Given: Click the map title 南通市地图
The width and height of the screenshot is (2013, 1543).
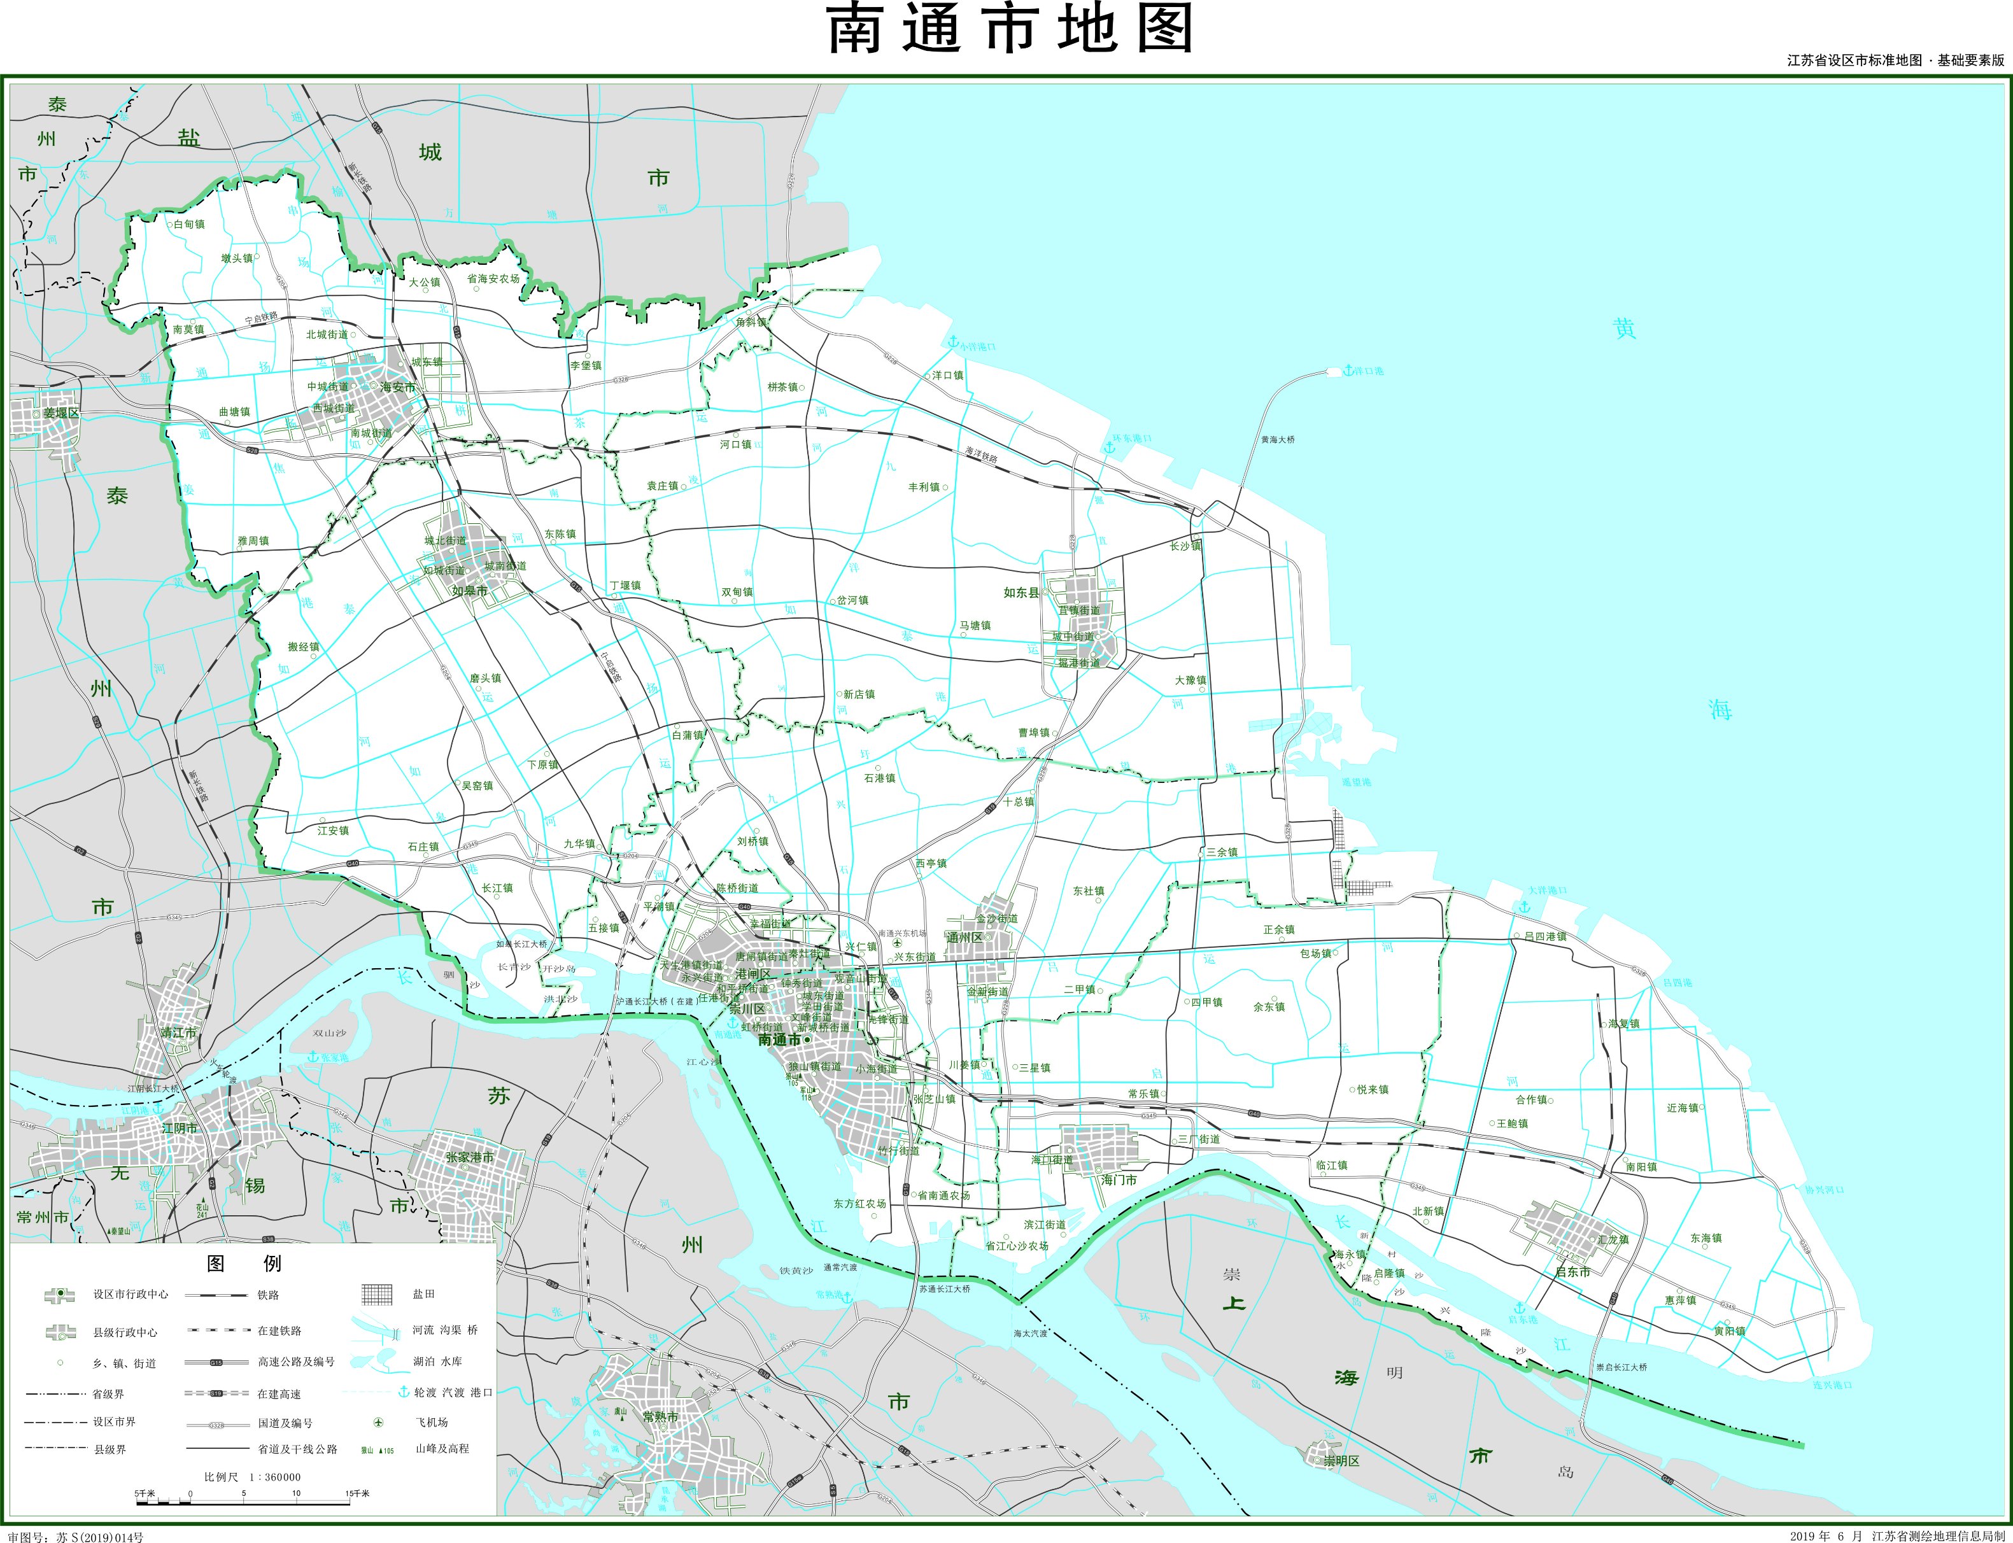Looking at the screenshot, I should (x=1010, y=29).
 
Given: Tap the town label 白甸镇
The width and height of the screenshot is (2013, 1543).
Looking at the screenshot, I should (x=189, y=224).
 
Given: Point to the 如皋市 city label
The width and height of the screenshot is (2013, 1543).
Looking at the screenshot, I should (x=469, y=591).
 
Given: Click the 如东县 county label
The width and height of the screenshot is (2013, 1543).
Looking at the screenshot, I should (x=1021, y=593).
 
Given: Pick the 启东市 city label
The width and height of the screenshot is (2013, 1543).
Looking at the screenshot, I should (x=1572, y=1272).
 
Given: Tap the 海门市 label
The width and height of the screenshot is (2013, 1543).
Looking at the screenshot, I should (x=1119, y=1180).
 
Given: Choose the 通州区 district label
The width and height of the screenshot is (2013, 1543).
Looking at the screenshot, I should (x=964, y=938).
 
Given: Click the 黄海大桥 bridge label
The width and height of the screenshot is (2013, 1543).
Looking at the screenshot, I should (x=1278, y=440).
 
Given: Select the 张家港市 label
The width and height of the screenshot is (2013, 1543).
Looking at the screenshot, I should (x=469, y=1157).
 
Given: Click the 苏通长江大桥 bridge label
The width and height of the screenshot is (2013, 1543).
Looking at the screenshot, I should (x=944, y=1288).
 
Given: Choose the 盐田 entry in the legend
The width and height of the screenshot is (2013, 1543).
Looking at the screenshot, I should (x=423, y=1294).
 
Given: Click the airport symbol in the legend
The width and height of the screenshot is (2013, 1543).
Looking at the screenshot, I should (x=378, y=1422).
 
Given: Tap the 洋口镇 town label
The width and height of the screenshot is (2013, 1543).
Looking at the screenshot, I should (x=948, y=375).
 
